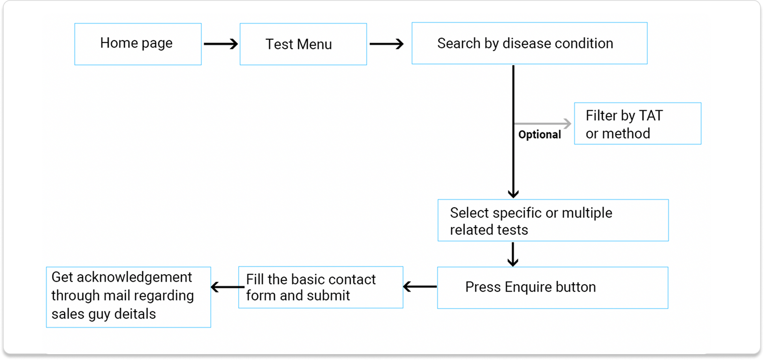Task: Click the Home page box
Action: [138, 44]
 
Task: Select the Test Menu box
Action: [303, 44]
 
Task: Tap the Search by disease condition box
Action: [529, 43]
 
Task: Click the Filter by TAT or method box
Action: [637, 123]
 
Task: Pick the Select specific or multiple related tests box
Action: [552, 220]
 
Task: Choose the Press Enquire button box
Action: [552, 288]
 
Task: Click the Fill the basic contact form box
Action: [320, 288]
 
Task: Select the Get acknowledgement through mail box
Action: [128, 297]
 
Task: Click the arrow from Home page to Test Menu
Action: [221, 44]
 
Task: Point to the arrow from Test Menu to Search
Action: [386, 44]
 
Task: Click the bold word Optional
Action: [540, 135]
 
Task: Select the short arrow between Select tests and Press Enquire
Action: [513, 254]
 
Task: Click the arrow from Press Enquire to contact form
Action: [420, 287]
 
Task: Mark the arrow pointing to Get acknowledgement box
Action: [227, 287]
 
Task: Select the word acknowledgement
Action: [132, 277]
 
